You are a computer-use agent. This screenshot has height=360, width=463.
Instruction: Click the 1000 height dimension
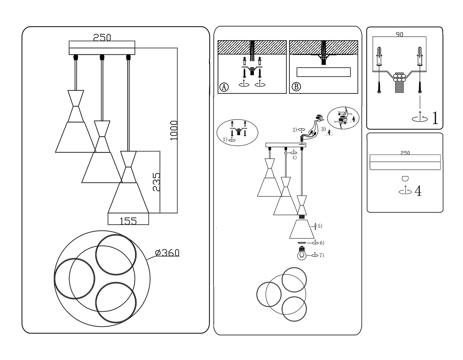pos(174,130)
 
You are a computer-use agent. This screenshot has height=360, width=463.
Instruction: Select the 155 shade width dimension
pos(128,221)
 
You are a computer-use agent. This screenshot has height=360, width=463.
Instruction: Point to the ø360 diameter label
pos(167,253)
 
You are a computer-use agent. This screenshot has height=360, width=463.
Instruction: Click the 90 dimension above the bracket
pos(399,34)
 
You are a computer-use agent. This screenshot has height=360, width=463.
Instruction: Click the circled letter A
pos(224,87)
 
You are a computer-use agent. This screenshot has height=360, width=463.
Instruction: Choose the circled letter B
pos(296,87)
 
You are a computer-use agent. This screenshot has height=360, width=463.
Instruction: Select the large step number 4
pos(417,191)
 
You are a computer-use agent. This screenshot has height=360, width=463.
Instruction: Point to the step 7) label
pos(321,255)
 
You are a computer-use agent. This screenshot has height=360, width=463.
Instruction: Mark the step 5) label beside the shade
pos(319,225)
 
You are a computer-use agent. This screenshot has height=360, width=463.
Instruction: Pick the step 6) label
pos(321,243)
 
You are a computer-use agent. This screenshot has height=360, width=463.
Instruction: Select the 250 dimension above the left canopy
pos(102,37)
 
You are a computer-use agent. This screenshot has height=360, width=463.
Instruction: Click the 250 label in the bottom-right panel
pos(405,153)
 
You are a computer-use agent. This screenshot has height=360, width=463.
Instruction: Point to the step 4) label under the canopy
pos(294,157)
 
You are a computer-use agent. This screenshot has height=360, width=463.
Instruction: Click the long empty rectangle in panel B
pos(323,72)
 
